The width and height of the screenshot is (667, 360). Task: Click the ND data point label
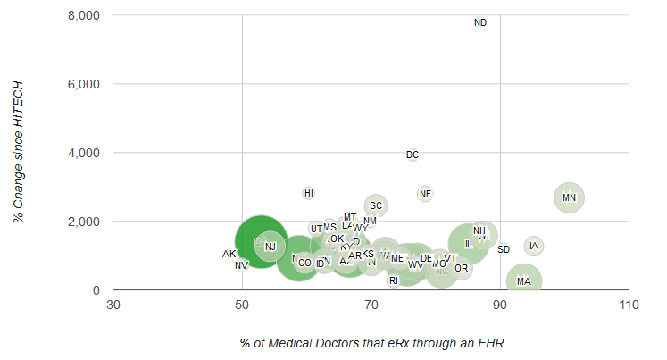click(480, 22)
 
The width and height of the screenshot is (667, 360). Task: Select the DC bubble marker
click(413, 155)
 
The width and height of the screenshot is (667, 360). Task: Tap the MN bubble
click(569, 197)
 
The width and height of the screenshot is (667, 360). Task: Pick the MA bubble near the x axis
click(524, 281)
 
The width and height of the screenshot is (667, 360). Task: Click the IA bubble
click(534, 246)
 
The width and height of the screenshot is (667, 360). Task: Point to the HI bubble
click(309, 193)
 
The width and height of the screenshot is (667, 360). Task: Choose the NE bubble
click(425, 194)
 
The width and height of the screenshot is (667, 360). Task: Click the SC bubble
click(376, 205)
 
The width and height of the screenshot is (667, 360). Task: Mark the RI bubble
click(394, 280)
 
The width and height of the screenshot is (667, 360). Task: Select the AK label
click(229, 254)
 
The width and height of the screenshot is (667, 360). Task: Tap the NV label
click(241, 265)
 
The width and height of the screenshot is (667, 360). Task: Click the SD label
click(504, 249)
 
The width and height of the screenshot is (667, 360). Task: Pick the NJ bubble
click(270, 247)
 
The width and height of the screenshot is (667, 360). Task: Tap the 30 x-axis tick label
click(113, 306)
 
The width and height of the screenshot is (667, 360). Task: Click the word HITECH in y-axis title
click(18, 111)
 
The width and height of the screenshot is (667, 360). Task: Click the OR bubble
click(461, 268)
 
